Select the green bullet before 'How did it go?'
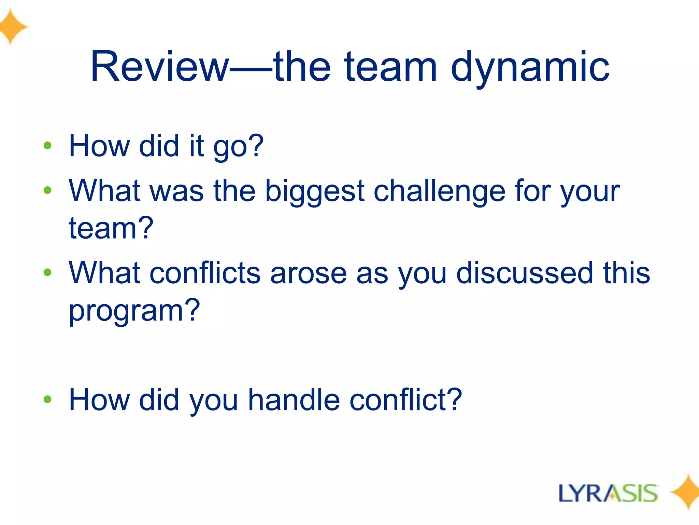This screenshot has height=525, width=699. coord(47,146)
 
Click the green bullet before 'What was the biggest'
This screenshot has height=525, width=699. coord(47,190)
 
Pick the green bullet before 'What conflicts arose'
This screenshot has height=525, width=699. coord(47,272)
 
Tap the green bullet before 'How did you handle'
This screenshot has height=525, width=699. coord(47,399)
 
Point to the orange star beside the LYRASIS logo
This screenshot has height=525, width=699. coord(686,492)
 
